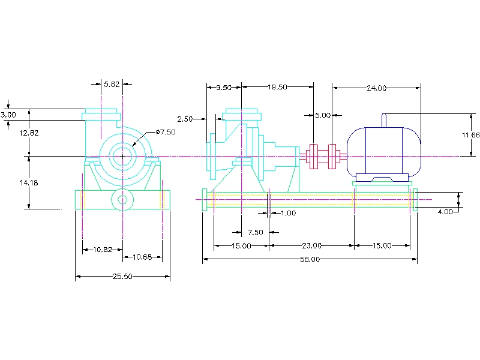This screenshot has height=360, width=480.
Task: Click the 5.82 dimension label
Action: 112,85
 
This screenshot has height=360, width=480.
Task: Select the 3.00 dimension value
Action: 8,114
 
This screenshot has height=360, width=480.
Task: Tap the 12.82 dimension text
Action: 28,133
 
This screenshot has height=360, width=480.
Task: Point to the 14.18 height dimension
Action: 28,183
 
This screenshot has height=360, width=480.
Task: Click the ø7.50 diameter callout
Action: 165,132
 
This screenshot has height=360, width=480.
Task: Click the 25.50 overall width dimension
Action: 122,277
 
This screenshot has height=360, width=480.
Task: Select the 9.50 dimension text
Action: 223,88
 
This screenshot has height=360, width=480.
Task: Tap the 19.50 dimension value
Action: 277,87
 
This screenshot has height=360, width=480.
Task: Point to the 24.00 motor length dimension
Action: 376,88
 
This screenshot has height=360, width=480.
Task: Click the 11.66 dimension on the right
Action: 470,135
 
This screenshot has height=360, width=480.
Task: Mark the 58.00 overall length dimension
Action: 311,259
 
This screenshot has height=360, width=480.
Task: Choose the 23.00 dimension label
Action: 311,245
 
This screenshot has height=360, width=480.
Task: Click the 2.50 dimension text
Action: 185,119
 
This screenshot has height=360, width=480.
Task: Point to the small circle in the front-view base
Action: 123,199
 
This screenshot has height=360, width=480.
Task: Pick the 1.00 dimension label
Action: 288,213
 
